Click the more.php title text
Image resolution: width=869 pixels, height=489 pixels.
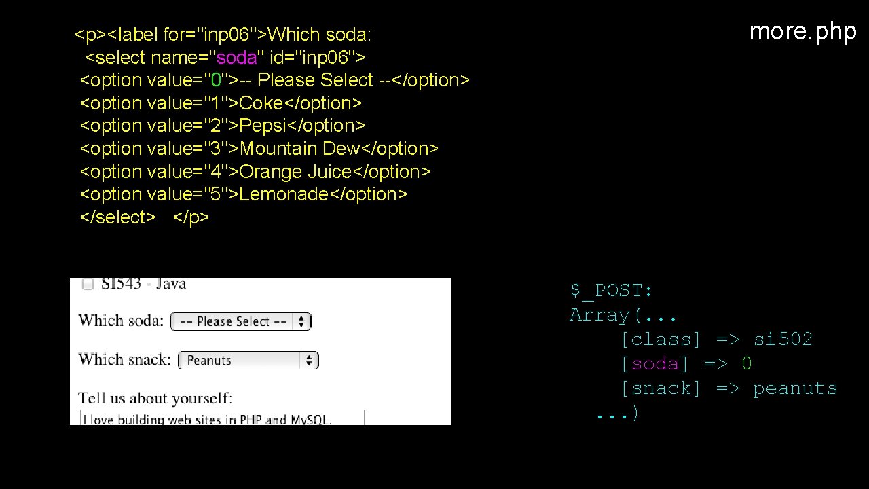(x=802, y=31)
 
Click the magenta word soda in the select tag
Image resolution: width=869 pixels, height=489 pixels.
(x=236, y=57)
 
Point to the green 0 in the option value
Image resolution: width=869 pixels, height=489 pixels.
(x=217, y=80)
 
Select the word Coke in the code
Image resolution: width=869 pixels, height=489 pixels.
(x=261, y=103)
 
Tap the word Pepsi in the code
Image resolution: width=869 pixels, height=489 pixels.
(x=263, y=126)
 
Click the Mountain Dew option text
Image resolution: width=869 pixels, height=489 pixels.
(x=299, y=149)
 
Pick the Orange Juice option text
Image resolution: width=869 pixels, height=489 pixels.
(x=295, y=172)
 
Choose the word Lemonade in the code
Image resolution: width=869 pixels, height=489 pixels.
(x=284, y=194)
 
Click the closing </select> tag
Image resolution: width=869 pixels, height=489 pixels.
(x=117, y=217)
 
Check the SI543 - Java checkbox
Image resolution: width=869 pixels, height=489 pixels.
(x=88, y=285)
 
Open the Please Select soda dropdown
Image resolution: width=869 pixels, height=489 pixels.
(x=240, y=321)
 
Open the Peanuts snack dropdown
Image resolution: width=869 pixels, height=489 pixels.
(x=248, y=360)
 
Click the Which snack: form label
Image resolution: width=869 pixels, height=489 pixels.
(x=124, y=359)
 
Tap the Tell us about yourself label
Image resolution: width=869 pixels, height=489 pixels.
(x=155, y=398)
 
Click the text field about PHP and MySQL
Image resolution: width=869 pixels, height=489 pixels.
(x=221, y=418)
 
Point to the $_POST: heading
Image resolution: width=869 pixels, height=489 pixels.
(x=611, y=291)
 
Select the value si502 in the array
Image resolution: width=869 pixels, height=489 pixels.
(x=783, y=339)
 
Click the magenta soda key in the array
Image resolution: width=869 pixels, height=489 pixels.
(x=654, y=364)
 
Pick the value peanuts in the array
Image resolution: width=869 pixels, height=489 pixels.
(x=795, y=388)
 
